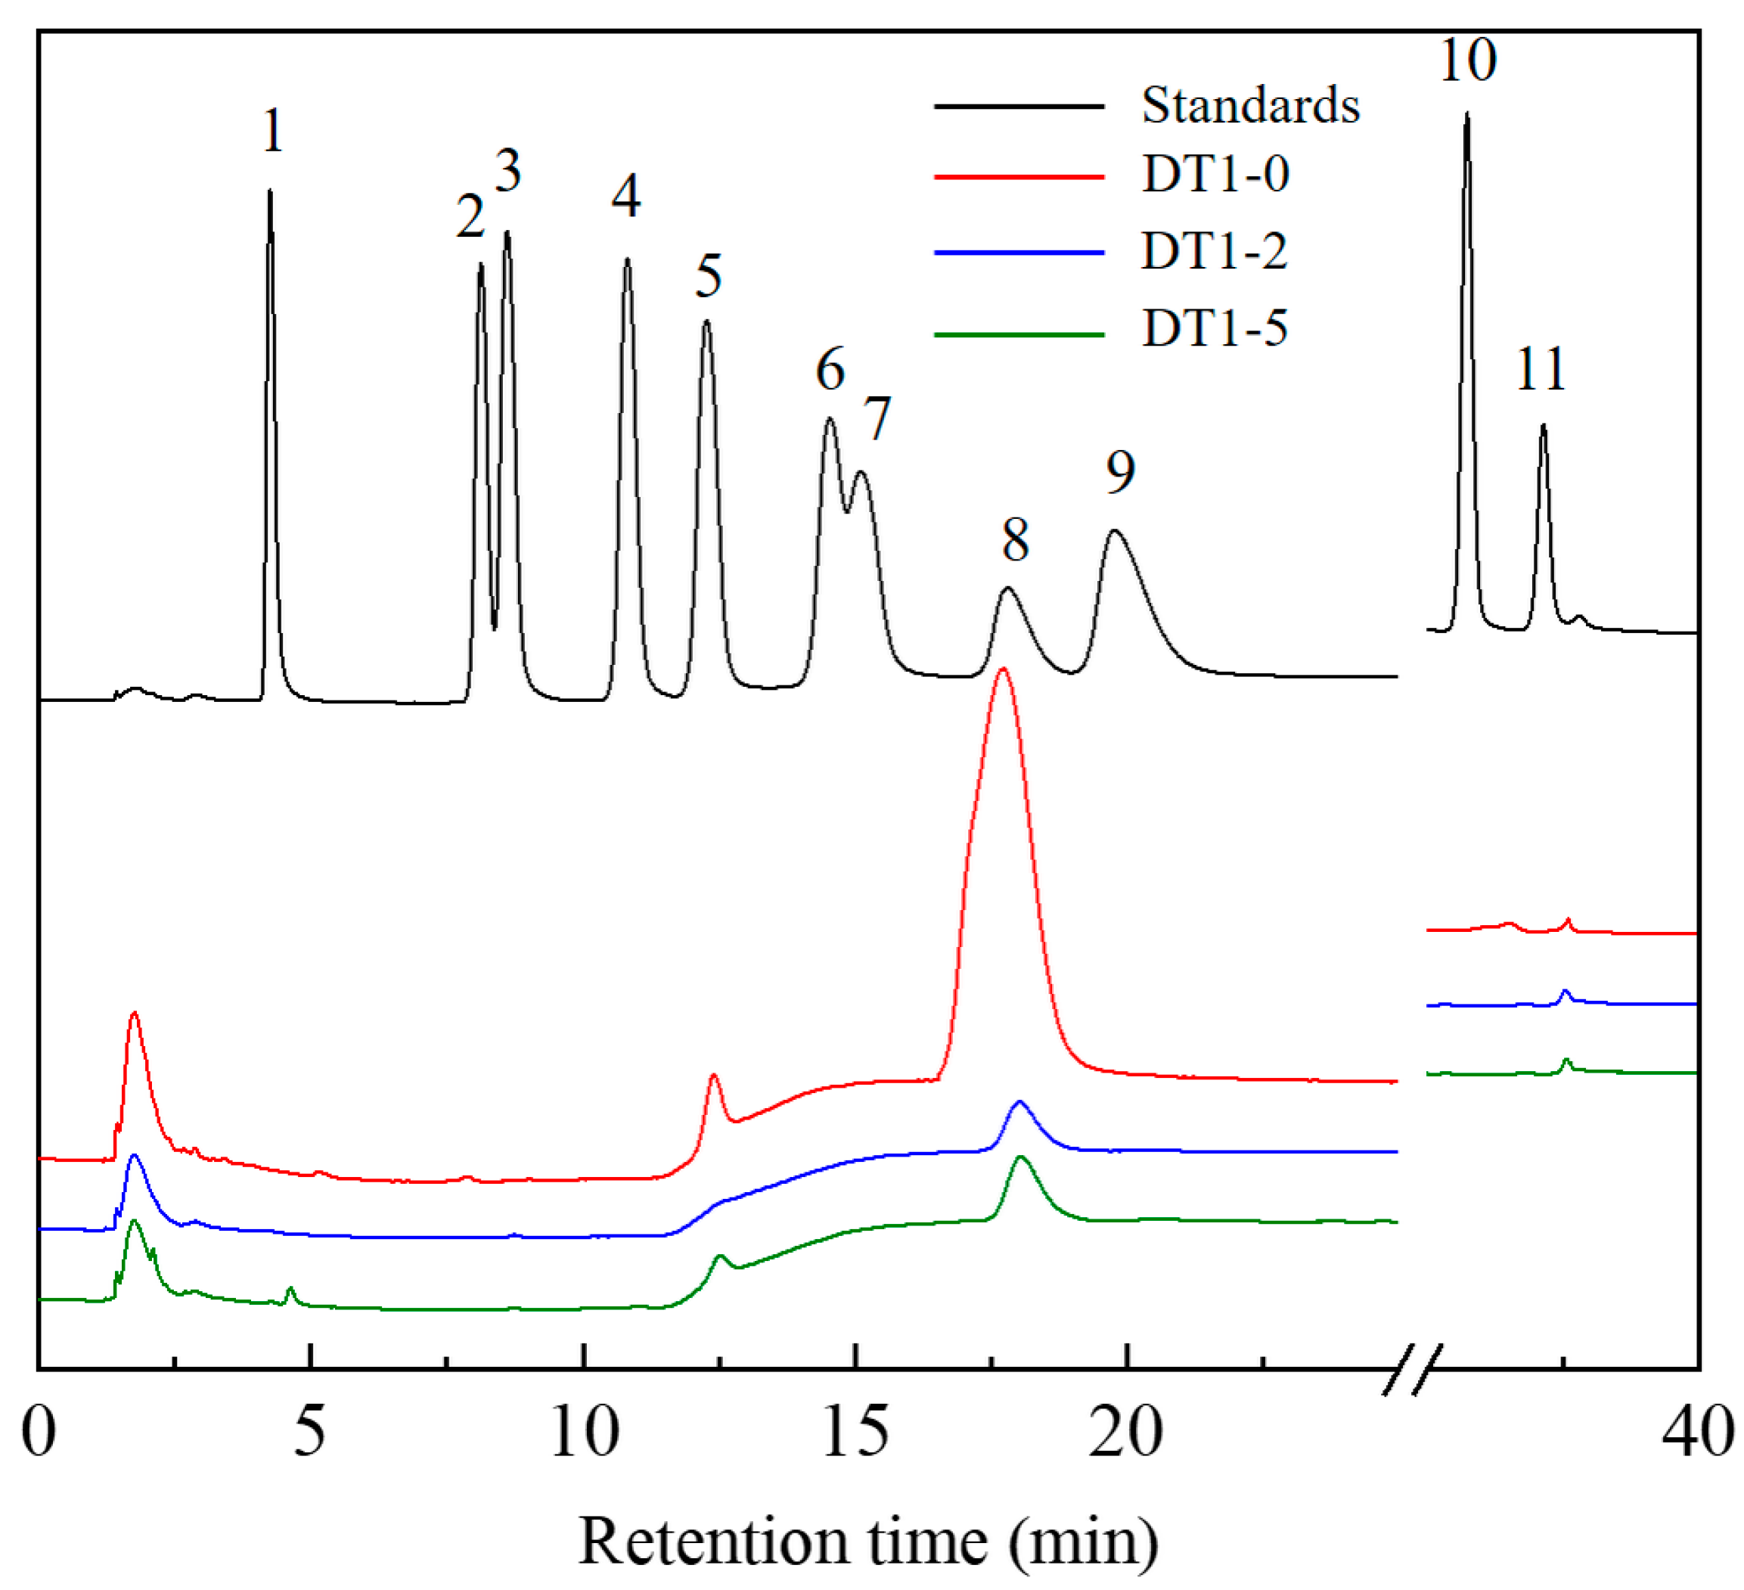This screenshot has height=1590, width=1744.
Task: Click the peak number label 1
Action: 272,132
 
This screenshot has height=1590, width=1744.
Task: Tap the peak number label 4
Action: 625,197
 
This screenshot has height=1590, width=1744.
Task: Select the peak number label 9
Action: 1120,472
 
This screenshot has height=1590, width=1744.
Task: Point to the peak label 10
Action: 1467,61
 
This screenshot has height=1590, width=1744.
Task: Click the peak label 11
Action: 1541,369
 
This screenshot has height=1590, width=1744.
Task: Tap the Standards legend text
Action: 1250,106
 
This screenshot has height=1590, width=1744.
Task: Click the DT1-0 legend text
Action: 1215,174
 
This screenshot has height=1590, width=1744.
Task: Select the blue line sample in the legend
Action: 1019,253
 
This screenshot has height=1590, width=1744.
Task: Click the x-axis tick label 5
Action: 309,1432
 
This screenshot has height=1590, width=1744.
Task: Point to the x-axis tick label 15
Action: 855,1432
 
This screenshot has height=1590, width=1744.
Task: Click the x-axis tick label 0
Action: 39,1432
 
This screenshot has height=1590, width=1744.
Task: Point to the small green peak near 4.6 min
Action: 290,1289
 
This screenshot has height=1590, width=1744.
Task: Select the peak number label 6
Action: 830,370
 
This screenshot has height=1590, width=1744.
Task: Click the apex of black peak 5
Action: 707,321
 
